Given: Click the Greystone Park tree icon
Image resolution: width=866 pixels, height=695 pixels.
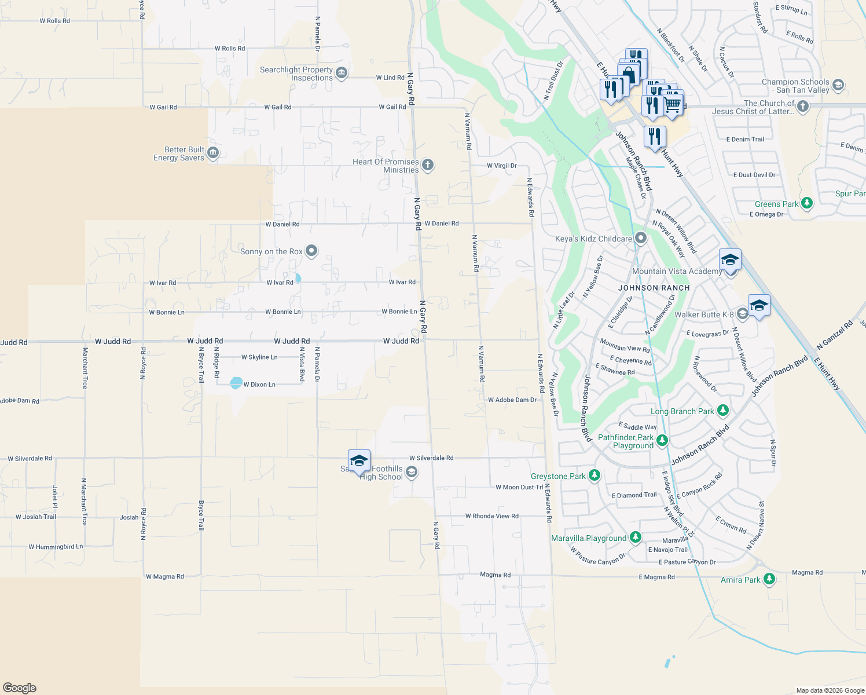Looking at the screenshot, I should click(594, 475).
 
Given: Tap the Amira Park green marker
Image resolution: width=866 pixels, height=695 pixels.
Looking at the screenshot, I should click(769, 579).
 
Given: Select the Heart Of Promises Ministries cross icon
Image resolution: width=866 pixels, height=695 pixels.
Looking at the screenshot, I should click(427, 165).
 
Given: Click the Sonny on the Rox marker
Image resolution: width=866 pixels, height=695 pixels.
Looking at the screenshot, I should click(311, 251).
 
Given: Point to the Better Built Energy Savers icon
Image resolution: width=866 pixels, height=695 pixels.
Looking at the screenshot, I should click(212, 153).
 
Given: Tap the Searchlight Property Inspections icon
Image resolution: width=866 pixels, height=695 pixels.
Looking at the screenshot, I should click(342, 73).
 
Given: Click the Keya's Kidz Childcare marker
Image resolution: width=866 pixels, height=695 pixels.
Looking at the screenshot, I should click(640, 238).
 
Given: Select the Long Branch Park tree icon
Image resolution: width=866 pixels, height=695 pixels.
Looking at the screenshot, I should click(722, 411).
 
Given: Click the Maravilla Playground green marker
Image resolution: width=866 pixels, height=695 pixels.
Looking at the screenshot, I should click(635, 537).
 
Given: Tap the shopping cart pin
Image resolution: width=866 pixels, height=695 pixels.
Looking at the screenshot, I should click(672, 104).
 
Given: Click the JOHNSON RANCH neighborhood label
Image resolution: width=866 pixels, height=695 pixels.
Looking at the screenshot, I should click(654, 288).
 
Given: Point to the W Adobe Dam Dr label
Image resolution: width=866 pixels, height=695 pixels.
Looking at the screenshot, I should click(512, 400).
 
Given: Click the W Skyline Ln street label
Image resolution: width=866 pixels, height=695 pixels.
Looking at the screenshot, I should click(259, 357).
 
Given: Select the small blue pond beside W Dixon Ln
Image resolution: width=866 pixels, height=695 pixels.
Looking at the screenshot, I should click(236, 383).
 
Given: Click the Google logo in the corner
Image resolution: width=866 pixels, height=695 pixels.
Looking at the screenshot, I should click(20, 687).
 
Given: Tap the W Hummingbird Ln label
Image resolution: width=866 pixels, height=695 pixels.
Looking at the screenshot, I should click(56, 546).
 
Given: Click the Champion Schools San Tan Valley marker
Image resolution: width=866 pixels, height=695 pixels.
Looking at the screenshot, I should click(838, 86).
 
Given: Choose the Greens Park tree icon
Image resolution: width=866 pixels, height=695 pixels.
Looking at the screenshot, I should click(806, 203).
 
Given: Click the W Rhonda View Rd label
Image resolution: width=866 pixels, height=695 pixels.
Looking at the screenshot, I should click(491, 516).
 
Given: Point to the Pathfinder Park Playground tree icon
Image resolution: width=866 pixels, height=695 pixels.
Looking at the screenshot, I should click(662, 441).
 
